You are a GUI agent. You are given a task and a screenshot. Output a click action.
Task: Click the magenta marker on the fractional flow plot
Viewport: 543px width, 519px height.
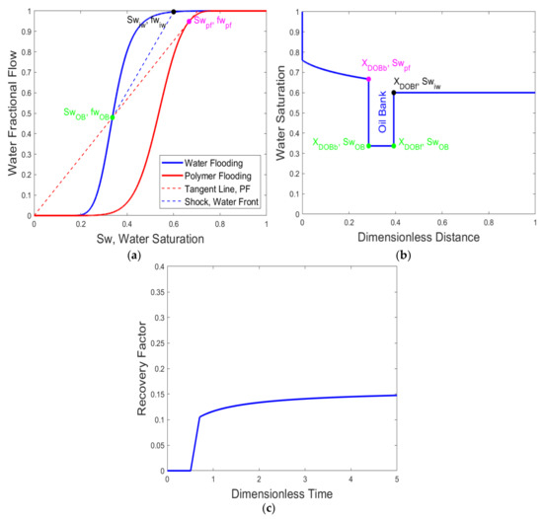point(190,22)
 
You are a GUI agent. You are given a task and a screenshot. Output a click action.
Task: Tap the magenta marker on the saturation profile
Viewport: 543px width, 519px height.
point(369,79)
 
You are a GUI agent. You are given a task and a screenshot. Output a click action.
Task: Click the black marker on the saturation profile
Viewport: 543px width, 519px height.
point(394,92)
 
